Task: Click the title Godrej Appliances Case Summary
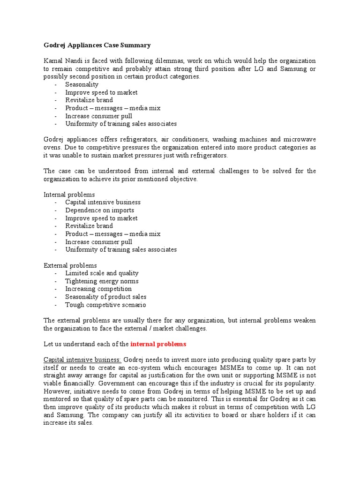(x=97, y=45)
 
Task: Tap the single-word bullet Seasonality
(x=82, y=84)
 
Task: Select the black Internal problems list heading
(x=69, y=194)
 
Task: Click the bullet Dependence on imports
(x=99, y=210)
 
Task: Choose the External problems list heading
(x=70, y=265)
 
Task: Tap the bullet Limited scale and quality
(x=102, y=273)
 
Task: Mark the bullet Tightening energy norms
(x=102, y=281)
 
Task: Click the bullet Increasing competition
(x=98, y=289)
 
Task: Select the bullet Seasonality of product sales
(x=105, y=297)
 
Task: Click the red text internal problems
(x=158, y=344)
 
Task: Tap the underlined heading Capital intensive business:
(x=82, y=360)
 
